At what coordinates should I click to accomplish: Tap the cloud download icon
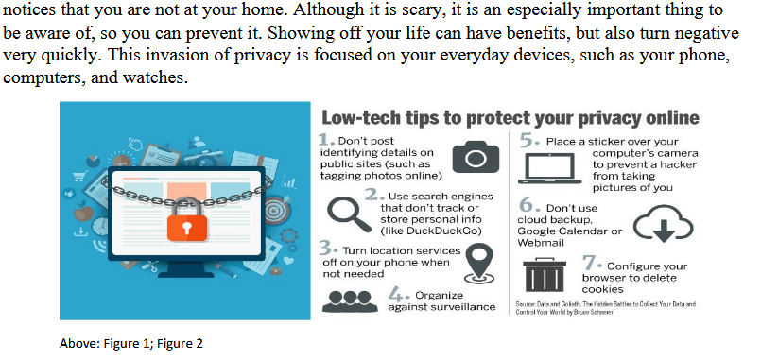point(656,223)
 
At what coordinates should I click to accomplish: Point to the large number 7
point(590,261)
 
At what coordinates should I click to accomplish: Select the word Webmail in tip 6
point(542,242)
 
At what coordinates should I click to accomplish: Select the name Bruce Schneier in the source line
point(591,312)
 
